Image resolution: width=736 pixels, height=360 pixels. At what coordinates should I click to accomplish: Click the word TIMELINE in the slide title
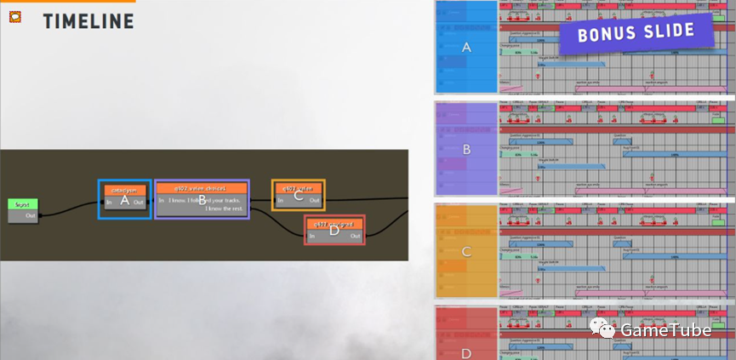click(x=88, y=20)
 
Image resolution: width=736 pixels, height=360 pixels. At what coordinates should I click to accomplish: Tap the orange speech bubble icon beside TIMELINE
click(x=15, y=16)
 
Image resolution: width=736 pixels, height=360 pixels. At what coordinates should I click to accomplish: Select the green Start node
click(x=23, y=204)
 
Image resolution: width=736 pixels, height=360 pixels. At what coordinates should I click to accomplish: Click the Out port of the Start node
click(x=31, y=215)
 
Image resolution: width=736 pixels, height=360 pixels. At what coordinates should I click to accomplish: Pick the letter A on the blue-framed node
click(x=124, y=201)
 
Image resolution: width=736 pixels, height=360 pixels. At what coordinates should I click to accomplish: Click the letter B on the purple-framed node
click(x=202, y=201)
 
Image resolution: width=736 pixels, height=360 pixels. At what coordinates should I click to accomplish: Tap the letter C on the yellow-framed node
click(x=298, y=196)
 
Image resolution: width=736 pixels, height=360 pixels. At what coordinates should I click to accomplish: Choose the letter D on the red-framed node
click(x=334, y=231)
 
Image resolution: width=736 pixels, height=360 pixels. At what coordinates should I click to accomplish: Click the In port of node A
click(x=108, y=202)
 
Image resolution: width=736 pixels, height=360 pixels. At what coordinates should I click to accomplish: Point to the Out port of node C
click(x=314, y=200)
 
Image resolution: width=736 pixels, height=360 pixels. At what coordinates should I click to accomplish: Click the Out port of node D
click(x=356, y=236)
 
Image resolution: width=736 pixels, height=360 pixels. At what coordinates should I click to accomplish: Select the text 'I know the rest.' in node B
click(x=225, y=209)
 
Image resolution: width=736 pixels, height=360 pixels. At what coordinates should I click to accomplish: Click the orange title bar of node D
click(x=334, y=223)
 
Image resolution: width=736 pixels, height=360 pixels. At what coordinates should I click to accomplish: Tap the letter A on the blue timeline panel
click(x=465, y=48)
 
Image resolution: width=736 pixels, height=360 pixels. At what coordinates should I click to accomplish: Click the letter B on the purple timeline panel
click(x=465, y=149)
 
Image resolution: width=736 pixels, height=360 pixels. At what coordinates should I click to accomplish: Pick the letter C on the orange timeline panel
click(x=465, y=251)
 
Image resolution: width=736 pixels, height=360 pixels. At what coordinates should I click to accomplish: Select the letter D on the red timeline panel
click(x=465, y=352)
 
